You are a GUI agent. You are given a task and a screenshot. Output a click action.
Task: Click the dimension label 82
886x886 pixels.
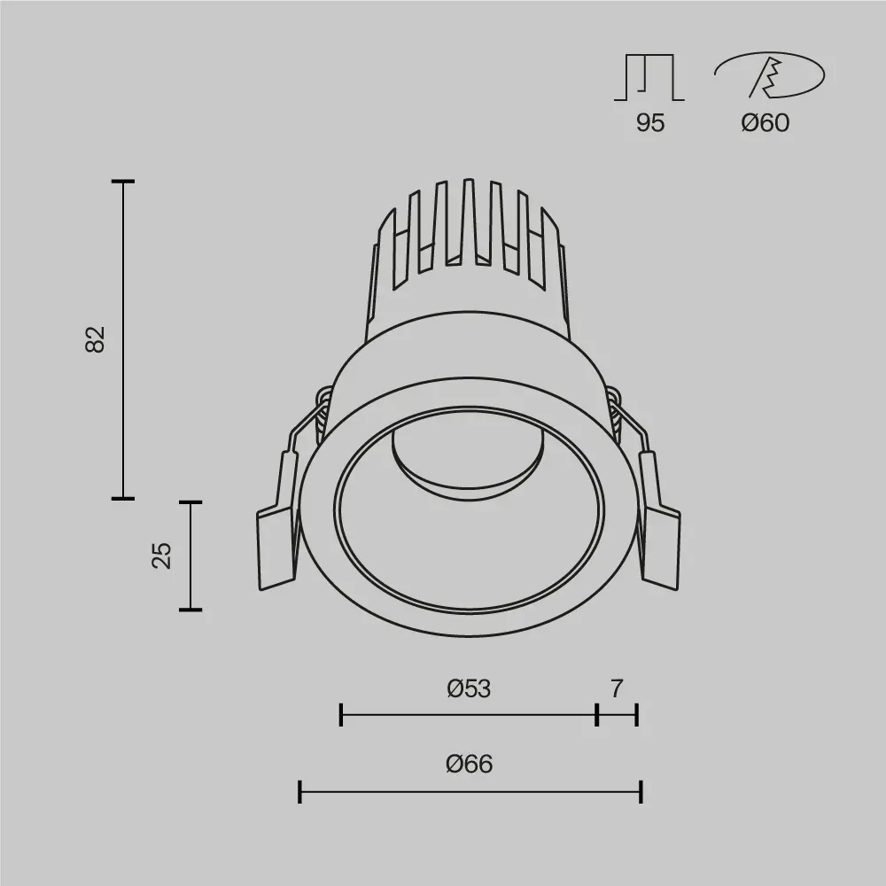[x=95, y=339]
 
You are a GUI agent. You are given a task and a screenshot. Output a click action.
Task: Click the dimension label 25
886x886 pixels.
[x=161, y=556]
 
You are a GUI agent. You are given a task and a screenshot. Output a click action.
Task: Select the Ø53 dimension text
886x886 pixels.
[x=469, y=688]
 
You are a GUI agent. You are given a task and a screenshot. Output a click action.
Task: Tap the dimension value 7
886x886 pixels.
[x=617, y=688]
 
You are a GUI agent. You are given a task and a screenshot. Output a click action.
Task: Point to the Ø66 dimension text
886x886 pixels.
[x=469, y=764]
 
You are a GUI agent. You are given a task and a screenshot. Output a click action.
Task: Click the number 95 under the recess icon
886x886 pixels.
[x=649, y=123]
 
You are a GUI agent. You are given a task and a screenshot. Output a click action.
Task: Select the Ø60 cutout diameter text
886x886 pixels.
[x=765, y=123]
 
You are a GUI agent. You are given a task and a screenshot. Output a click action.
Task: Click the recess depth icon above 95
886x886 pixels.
[x=649, y=77]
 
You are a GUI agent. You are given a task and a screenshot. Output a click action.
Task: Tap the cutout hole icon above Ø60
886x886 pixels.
[x=769, y=76]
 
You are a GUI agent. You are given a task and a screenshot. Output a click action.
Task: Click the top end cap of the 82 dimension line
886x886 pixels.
[x=122, y=182]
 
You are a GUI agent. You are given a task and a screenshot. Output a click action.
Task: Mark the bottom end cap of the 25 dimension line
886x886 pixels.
[x=190, y=610]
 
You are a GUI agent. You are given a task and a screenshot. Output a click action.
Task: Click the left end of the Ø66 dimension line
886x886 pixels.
[x=300, y=791]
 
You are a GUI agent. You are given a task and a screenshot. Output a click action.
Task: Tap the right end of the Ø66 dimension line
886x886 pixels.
[x=641, y=791]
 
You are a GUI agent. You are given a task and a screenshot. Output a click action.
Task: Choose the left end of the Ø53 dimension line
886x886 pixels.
[x=341, y=714]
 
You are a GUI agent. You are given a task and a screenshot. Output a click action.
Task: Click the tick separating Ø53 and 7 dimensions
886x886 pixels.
[x=597, y=714]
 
